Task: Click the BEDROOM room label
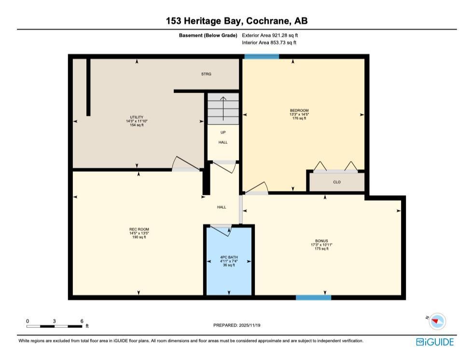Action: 299,110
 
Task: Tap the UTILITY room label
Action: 137,117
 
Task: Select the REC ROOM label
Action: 139,229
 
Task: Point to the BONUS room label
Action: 321,241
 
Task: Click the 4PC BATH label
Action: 229,257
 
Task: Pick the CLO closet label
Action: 337,182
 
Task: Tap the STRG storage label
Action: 206,74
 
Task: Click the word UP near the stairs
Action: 223,133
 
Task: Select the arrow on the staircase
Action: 223,108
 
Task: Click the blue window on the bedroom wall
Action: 262,56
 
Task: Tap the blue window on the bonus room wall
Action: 313,297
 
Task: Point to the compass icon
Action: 437,321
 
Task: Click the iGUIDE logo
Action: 435,342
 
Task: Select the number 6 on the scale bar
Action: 82,321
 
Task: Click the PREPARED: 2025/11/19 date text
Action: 236,325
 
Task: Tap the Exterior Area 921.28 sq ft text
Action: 270,35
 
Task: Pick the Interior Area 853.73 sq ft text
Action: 269,42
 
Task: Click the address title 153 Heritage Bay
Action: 204,21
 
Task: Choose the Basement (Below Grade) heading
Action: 208,35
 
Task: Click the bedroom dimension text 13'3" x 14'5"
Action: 299,114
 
